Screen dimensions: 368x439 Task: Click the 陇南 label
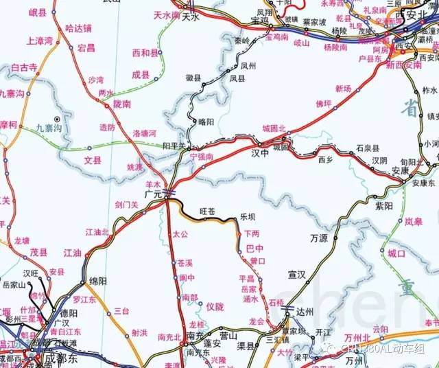121,104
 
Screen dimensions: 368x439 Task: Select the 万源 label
319,240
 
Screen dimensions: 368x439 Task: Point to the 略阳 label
206,122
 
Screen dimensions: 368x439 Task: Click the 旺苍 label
207,211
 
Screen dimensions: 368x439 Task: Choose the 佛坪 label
324,104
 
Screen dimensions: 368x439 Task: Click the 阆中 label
187,278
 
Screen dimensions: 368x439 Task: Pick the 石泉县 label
368,148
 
